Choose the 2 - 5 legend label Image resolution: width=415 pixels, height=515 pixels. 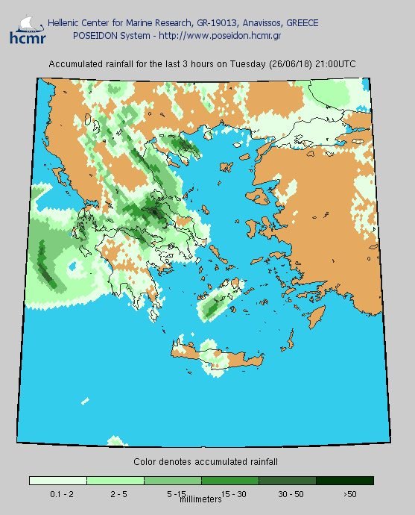point(115,494)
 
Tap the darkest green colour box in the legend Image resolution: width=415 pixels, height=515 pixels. point(344,481)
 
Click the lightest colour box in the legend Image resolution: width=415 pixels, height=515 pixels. point(57,481)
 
